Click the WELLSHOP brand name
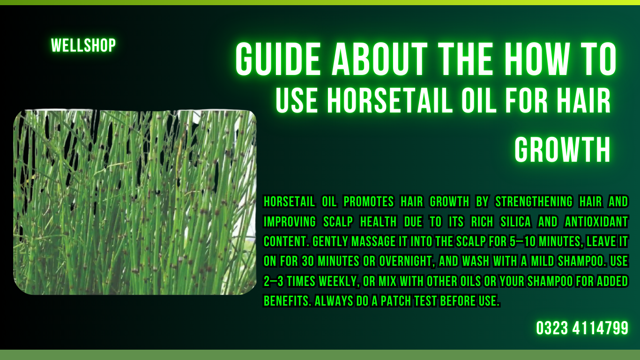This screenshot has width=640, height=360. point(83,45)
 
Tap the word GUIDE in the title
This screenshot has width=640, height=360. point(279,60)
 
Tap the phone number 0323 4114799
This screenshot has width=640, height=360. point(582,328)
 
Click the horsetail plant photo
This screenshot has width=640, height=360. point(135,202)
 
